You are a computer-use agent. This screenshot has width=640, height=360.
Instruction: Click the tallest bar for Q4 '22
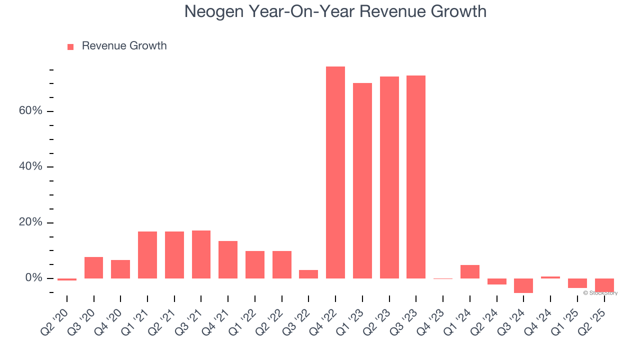pos(335,172)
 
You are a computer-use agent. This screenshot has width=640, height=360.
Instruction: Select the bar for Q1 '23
pos(362,180)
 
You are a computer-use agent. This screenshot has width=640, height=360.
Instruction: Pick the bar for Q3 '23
pos(416,177)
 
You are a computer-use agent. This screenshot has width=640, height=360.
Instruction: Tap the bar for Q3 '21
pos(201,254)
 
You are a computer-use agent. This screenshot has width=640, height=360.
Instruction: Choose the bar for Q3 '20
pos(93,267)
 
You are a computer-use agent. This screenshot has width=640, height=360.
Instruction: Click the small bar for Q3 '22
pos(308,274)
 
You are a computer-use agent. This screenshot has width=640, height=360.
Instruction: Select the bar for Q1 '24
pos(470,271)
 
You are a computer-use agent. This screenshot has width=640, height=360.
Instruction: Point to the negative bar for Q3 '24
pos(523,285)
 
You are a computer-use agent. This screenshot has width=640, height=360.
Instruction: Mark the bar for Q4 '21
pos(228,259)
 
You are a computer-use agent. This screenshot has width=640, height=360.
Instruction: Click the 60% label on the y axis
pos(30,110)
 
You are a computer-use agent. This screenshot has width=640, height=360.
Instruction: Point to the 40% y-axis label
pos(30,166)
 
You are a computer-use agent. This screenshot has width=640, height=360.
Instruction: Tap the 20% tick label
pos(30,222)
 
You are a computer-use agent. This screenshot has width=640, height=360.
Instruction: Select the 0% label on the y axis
pos(34,278)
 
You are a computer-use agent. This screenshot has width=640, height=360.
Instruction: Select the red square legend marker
pos(70,47)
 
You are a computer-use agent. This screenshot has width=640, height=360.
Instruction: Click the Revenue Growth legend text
pos(124,46)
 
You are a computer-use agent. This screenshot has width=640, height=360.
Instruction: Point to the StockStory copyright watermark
pos(600,293)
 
